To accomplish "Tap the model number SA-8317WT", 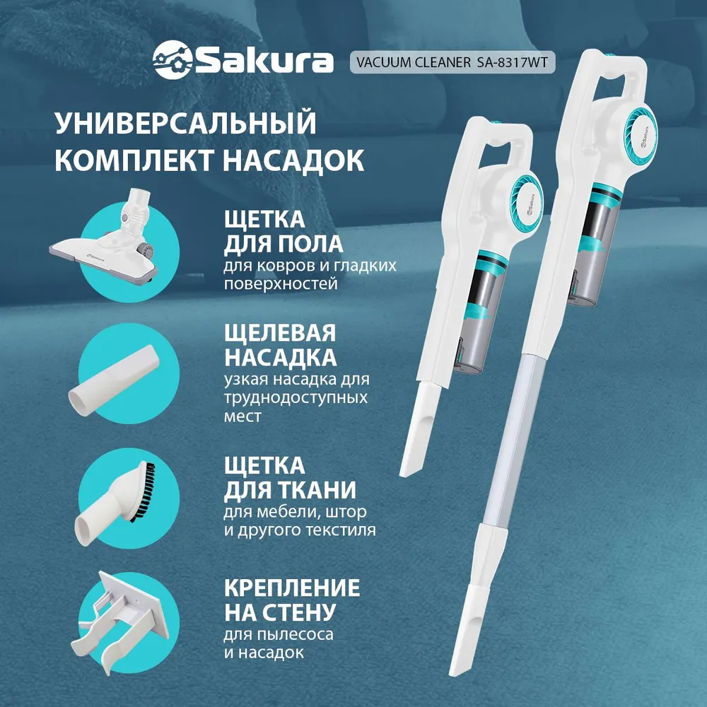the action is click(512, 62).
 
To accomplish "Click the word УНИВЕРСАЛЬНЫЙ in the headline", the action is click(185, 122).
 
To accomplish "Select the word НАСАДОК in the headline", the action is click(293, 160).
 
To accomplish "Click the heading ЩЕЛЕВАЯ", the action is click(280, 333).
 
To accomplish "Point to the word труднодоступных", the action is click(296, 397).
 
